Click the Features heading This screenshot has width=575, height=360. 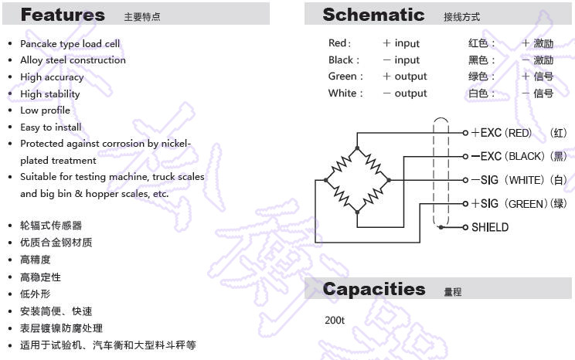pos(63,15)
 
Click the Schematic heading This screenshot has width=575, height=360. pos(373,15)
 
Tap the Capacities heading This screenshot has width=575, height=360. pos(374,289)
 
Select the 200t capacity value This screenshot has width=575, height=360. pos(335,321)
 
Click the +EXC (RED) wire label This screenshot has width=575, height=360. pos(501,133)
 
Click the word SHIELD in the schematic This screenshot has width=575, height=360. pos(490,227)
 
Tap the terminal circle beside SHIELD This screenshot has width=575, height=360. pos(465,227)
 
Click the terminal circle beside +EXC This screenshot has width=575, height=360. pos(465,133)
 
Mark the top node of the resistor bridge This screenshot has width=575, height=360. pos(357,148)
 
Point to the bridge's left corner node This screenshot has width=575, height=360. pos(325,180)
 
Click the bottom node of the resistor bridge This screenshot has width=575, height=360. pos(357,212)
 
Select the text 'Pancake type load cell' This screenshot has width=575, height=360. pos(70,44)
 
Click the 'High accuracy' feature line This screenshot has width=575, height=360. pos(52,77)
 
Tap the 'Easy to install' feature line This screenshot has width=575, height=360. pos(51,127)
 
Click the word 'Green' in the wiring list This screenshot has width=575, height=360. pos(342,76)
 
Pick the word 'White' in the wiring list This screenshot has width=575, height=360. pos(342,93)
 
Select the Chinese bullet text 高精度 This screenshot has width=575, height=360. pos(36,260)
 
